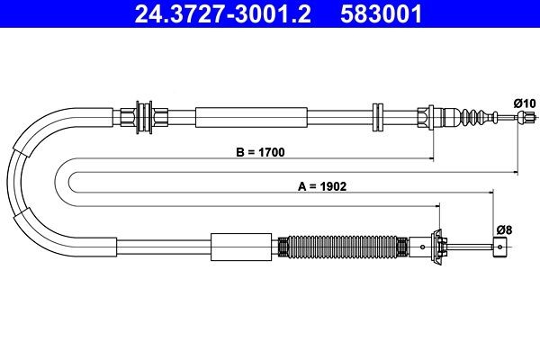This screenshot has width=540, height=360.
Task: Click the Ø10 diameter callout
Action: pos(523,103)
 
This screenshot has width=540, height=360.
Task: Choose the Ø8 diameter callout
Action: pos(504,229)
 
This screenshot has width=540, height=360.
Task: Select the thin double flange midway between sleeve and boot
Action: pos(378,117)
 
